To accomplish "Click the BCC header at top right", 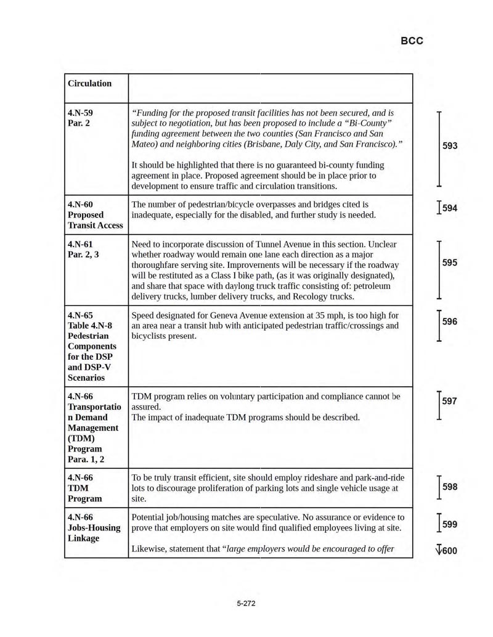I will pyautogui.click(x=412, y=41).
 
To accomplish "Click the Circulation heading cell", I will pyautogui.click(x=90, y=83).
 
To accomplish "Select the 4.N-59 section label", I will pyautogui.click(x=80, y=113).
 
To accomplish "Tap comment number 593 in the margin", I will pyautogui.click(x=450, y=146).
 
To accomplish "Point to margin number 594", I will pyautogui.click(x=450, y=208).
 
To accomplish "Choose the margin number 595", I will pyautogui.click(x=450, y=263).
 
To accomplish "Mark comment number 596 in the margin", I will pyautogui.click(x=450, y=322).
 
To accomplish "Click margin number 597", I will pyautogui.click(x=450, y=402).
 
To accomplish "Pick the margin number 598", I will pyautogui.click(x=450, y=487).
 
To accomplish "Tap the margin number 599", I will pyautogui.click(x=450, y=525).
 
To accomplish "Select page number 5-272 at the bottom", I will pyautogui.click(x=246, y=604).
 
